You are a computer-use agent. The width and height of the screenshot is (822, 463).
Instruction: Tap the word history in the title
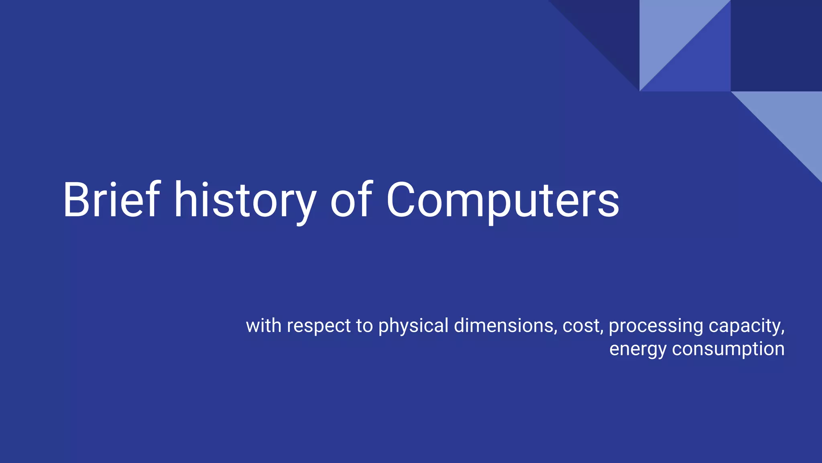point(245,200)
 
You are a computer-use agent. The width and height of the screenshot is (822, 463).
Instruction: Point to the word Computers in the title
point(503,200)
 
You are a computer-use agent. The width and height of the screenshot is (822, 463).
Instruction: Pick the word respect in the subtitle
point(319,326)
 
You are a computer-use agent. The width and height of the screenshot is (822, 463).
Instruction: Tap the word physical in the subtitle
point(413,326)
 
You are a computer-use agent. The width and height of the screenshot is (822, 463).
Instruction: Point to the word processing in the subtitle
point(655,326)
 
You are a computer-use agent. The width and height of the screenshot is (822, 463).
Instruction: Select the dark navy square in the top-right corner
point(776,45)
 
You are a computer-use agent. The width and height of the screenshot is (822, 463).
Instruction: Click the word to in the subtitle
point(364,326)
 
